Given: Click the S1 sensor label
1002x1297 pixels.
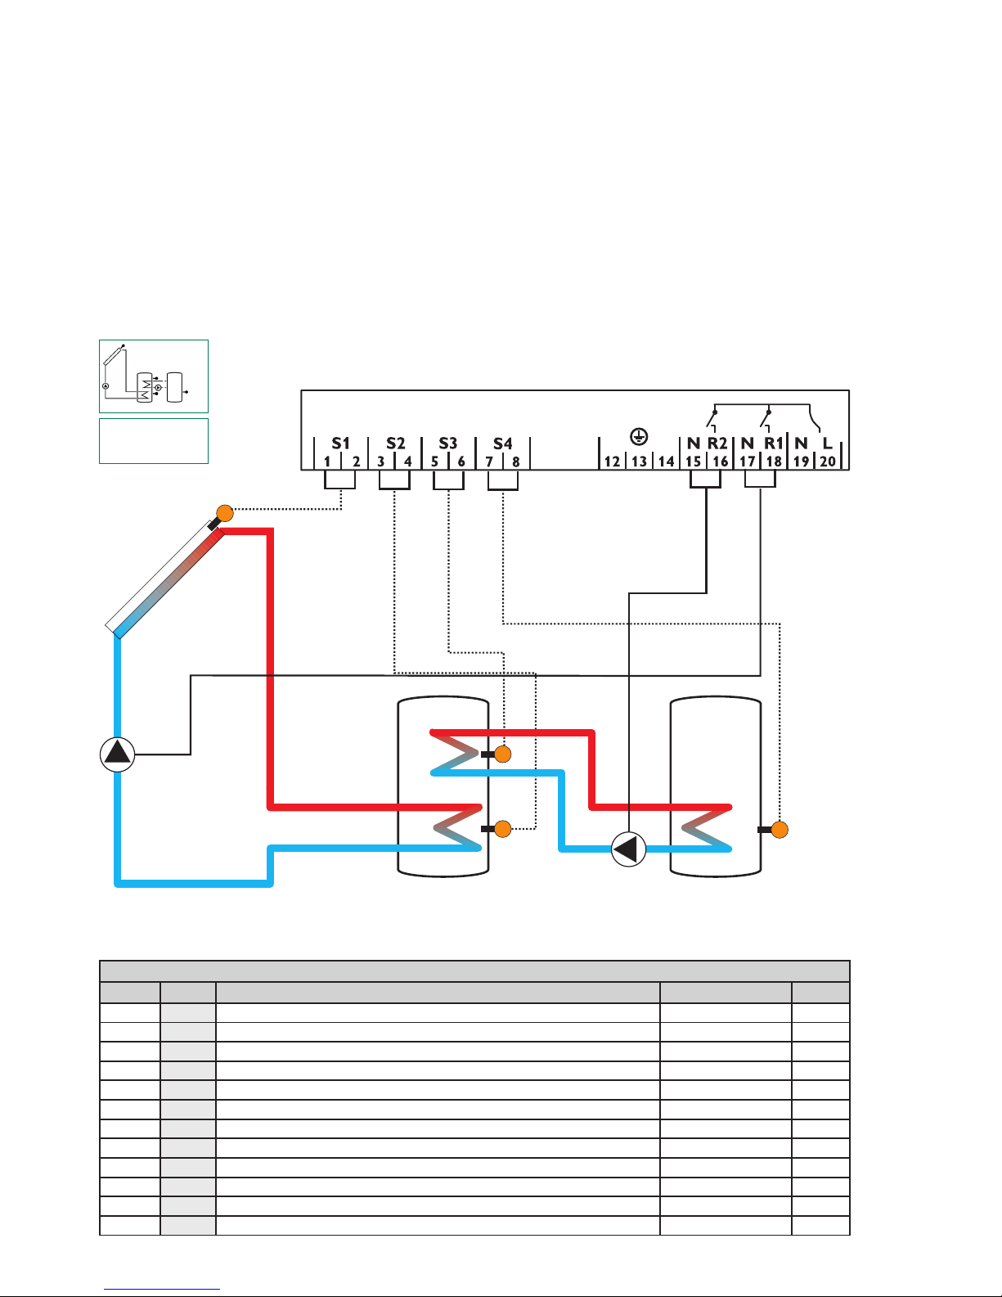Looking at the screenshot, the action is pyautogui.click(x=340, y=444).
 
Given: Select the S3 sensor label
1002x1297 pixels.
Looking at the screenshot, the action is pyautogui.click(x=448, y=444).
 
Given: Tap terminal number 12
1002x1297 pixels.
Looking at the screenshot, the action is pyautogui.click(x=612, y=462).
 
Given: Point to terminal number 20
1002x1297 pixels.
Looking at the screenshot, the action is pyautogui.click(x=827, y=462).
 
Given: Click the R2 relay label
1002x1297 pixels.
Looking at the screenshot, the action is pyautogui.click(x=717, y=444).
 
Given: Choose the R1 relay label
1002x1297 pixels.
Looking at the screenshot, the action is pyautogui.click(x=773, y=444).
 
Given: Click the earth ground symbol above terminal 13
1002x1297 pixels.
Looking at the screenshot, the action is pyautogui.click(x=639, y=437).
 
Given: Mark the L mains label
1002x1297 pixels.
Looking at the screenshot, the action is pyautogui.click(x=827, y=444).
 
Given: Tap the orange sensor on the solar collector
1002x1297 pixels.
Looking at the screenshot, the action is pyautogui.click(x=225, y=513).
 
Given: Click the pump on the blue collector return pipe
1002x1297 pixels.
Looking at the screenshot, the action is pyautogui.click(x=118, y=754).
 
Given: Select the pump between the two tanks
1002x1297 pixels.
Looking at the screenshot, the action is pyautogui.click(x=629, y=849).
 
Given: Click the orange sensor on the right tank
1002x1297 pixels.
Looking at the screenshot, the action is pyautogui.click(x=780, y=830).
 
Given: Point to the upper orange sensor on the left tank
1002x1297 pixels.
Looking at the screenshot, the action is pyautogui.click(x=503, y=754).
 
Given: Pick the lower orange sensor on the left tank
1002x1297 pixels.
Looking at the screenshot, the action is pyautogui.click(x=503, y=829).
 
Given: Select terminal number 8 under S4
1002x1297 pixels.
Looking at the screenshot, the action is pyautogui.click(x=516, y=462).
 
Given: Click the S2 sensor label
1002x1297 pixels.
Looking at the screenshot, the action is pyautogui.click(x=395, y=444).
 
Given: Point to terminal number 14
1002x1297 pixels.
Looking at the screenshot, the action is pyautogui.click(x=666, y=462).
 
